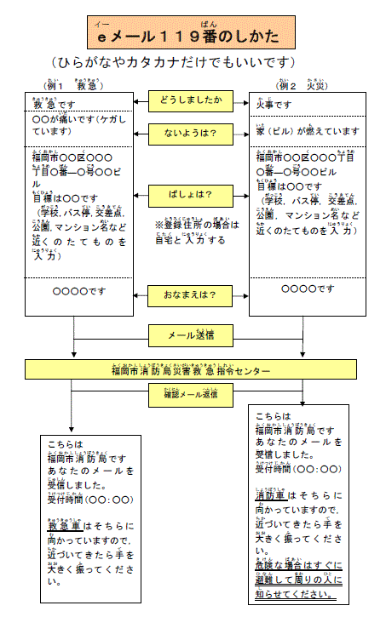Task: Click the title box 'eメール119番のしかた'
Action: (x=193, y=34)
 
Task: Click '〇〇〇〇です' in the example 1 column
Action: (x=78, y=290)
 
